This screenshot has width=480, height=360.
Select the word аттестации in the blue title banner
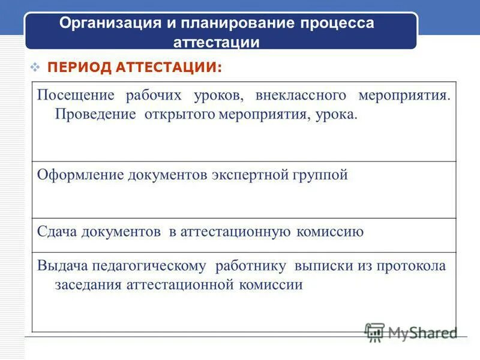pyautogui.click(x=217, y=43)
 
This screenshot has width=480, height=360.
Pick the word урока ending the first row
pyautogui.click(x=338, y=114)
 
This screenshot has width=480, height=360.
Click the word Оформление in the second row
pyautogui.click(x=80, y=175)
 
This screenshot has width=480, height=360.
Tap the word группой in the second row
pyautogui.click(x=322, y=175)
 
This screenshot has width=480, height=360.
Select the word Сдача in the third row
pyautogui.click(x=58, y=232)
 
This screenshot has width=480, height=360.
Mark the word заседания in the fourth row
pyautogui.click(x=88, y=284)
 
